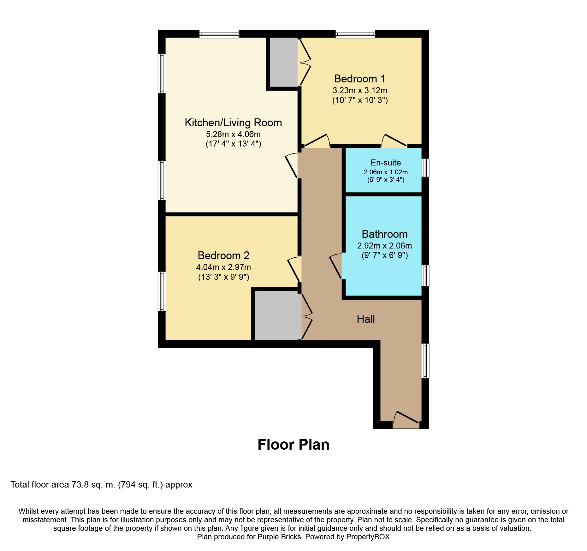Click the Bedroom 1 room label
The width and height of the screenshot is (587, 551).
point(360,79)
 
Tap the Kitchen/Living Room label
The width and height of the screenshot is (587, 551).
point(233,123)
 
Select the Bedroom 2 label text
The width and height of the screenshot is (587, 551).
point(223,255)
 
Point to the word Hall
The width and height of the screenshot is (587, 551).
point(366,319)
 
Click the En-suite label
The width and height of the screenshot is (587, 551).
point(386,163)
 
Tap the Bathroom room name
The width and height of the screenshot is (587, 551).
point(384,234)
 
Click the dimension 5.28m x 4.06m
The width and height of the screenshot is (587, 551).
point(233,134)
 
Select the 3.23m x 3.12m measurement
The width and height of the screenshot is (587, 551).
point(360,90)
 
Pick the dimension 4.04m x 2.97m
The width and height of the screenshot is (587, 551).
point(223,267)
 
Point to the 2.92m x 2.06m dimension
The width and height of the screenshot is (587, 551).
point(384,246)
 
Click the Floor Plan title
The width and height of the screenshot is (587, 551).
point(293,445)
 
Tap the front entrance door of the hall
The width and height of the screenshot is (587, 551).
point(406,420)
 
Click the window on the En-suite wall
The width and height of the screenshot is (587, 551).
point(425,168)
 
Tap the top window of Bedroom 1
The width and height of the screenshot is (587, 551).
point(355,34)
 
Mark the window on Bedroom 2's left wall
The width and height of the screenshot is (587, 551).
point(162,291)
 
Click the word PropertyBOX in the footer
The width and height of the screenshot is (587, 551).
point(368,537)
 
